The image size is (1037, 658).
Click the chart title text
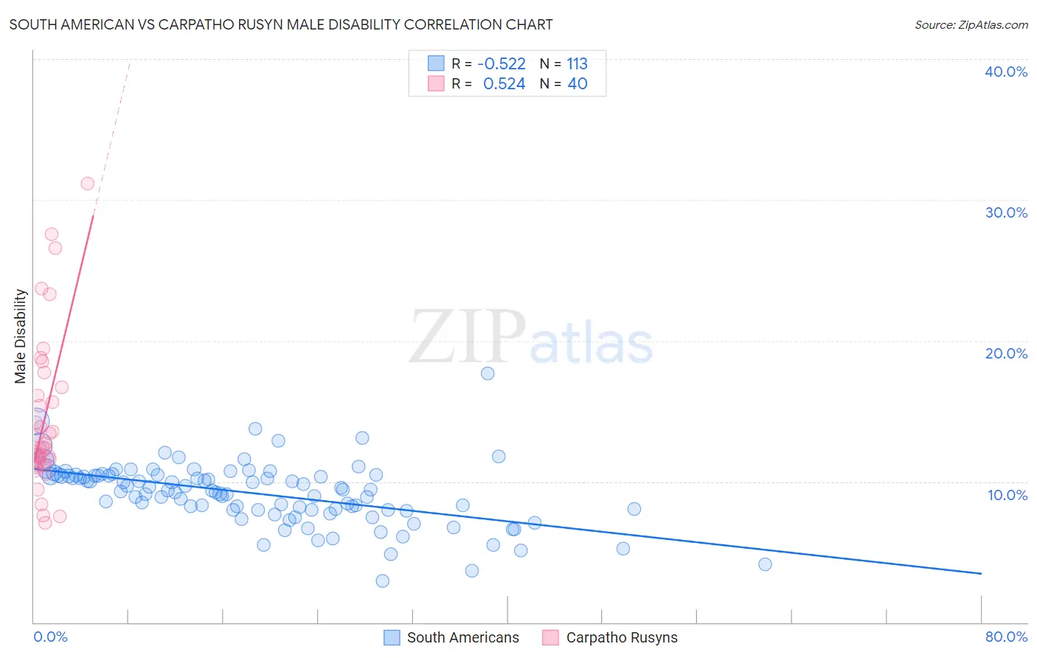[x=281, y=24]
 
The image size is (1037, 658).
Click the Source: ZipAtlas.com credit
[x=971, y=24]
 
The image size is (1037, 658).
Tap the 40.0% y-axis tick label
[x=1006, y=72]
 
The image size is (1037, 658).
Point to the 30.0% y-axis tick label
[x=1006, y=212]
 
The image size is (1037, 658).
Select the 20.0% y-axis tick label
[x=1006, y=353]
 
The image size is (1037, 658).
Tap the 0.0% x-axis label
[x=50, y=637]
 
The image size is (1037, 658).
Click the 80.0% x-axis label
[x=1006, y=637]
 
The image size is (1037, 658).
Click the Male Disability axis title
[x=21, y=336]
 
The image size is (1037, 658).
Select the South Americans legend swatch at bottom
[x=392, y=637]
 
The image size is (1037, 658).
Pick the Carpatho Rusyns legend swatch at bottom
[x=550, y=637]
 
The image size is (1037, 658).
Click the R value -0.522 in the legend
[x=502, y=64]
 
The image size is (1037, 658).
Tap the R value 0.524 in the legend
[x=504, y=84]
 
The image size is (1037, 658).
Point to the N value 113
[x=577, y=64]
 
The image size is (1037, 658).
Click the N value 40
[x=577, y=84]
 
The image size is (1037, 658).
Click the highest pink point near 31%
[x=88, y=184]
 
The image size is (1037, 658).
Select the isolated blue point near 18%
[x=488, y=373]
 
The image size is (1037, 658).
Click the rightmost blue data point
[x=765, y=564]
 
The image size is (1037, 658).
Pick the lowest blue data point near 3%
[x=382, y=581]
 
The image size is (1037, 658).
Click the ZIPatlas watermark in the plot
[x=531, y=338]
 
